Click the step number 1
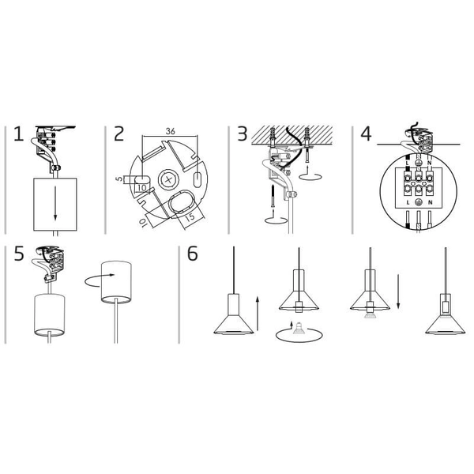pos(19,134)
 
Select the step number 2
pos(118,134)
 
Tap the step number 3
pos(243,134)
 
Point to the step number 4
pos(366,134)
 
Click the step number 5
pos(19,254)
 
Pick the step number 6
pos(193,254)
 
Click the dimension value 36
pos(170,131)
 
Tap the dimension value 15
pos(190,217)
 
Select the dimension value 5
pos(120,179)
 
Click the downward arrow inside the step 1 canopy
pos(55,203)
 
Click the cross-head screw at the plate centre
pos(169,180)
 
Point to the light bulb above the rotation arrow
pos(299,329)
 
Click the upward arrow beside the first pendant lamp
pos(258,313)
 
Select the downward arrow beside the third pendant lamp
pos(398,292)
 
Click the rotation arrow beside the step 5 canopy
pos(100,280)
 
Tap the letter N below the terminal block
pos(430,202)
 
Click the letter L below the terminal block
pos(408,202)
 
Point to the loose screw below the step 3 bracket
pos(273,197)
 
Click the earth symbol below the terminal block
pos(419,202)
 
